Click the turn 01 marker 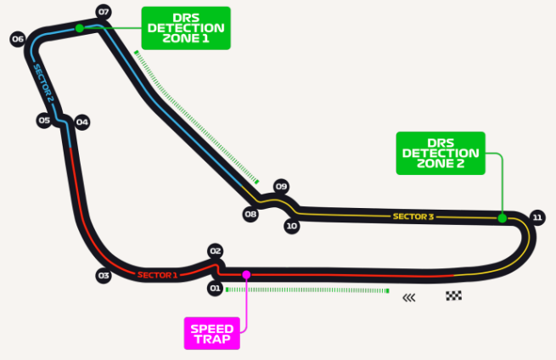[x=215, y=289]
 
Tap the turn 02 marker [x=215, y=251]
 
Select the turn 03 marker [x=104, y=275]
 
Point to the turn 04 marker [x=82, y=122]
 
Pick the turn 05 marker [x=44, y=121]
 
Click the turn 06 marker [x=17, y=39]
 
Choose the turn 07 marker [x=104, y=12]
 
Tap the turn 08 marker [x=250, y=214]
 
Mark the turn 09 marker [x=282, y=186]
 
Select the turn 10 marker [x=292, y=226]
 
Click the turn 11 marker [x=536, y=217]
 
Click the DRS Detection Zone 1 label [x=186, y=27]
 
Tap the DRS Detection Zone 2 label [x=441, y=153]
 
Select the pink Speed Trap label [x=212, y=333]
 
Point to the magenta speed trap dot [x=246, y=274]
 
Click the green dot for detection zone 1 [x=79, y=28]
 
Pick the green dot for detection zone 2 [x=503, y=218]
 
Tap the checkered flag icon [x=454, y=296]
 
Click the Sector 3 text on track [x=413, y=217]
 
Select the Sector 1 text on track [x=157, y=274]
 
